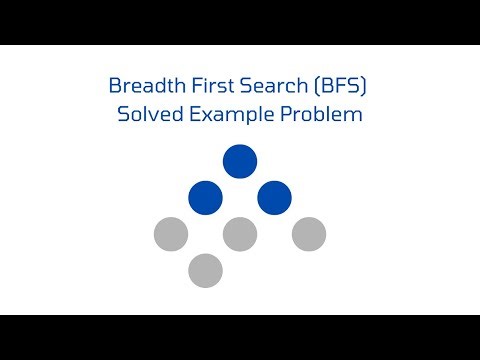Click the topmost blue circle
[x=240, y=161]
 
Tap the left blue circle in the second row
[x=205, y=197]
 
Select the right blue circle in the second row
[x=274, y=197]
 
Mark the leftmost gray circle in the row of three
[x=171, y=234]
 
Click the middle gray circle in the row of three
[x=240, y=234]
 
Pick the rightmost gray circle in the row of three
[x=309, y=234]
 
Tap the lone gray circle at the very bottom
[x=205, y=270]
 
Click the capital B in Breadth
[x=113, y=87]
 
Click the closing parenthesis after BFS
[x=370, y=87]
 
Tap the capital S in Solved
[x=123, y=114]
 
